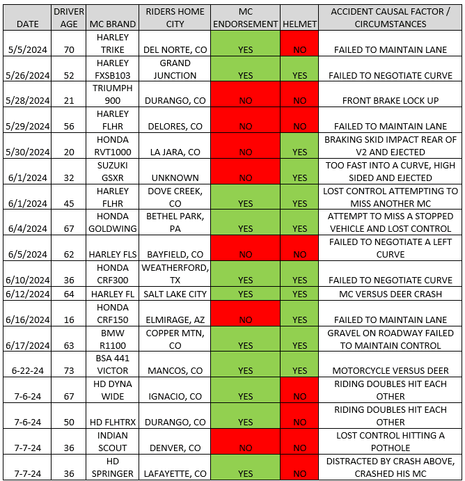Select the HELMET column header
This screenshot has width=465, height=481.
pyautogui.click(x=300, y=24)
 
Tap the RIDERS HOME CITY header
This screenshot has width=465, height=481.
pyautogui.click(x=173, y=17)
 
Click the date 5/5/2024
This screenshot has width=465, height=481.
pyautogui.click(x=27, y=50)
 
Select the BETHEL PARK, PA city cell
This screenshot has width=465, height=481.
pyautogui.click(x=173, y=222)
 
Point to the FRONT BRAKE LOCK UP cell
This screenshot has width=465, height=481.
pyautogui.click(x=390, y=100)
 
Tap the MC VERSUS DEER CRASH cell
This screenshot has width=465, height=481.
pyautogui.click(x=390, y=294)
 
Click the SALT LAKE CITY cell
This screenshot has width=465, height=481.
pyautogui.click(x=173, y=294)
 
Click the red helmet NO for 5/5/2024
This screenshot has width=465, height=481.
pyautogui.click(x=300, y=50)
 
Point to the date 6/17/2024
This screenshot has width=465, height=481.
pyautogui.click(x=27, y=345)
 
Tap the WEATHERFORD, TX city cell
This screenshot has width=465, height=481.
pyautogui.click(x=173, y=274)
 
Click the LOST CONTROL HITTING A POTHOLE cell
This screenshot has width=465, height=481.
pyautogui.click(x=390, y=441)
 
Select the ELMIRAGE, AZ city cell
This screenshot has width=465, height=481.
pyautogui.click(x=173, y=320)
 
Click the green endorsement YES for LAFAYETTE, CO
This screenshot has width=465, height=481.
pyautogui.click(x=245, y=473)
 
